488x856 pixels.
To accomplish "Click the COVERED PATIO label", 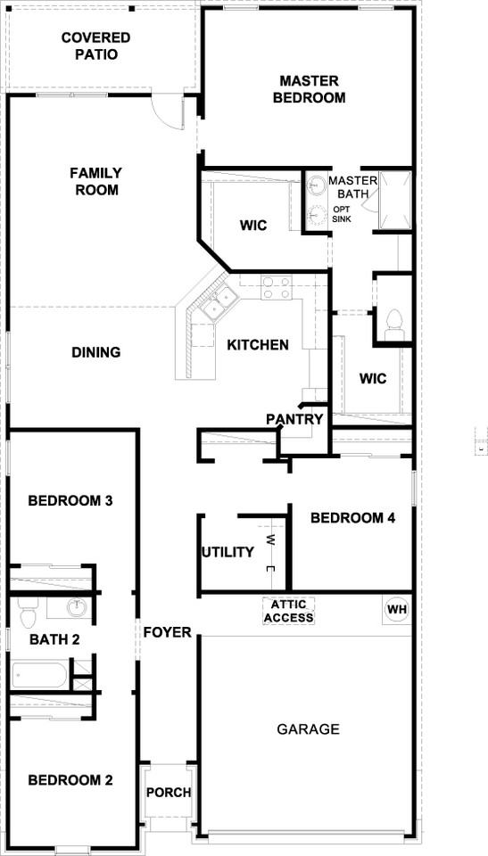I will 95,46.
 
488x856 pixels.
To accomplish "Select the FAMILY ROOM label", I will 96,181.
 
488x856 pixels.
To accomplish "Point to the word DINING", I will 96,352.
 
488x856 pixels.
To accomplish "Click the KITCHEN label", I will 257,345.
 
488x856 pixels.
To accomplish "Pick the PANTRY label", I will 294,418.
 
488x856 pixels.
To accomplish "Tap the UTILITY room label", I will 227,552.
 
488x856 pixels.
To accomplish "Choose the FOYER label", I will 168,632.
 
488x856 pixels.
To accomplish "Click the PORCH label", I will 169,792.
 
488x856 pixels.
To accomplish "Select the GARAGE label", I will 308,728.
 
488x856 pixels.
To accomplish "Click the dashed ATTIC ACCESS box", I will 288,612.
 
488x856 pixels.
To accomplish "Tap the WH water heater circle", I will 396,609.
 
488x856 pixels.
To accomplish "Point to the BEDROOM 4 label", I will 352,517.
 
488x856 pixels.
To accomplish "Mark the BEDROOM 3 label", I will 70,500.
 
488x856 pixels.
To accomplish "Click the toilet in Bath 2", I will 26,613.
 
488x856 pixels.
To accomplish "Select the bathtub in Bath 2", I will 39,674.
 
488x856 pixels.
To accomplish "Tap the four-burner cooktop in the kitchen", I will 277,287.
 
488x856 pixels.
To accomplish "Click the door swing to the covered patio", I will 165,111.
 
